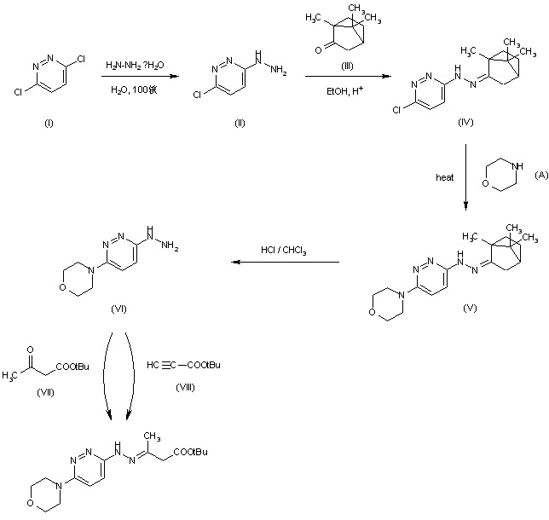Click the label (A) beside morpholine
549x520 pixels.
click(x=540, y=174)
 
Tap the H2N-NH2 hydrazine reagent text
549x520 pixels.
click(x=136, y=66)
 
